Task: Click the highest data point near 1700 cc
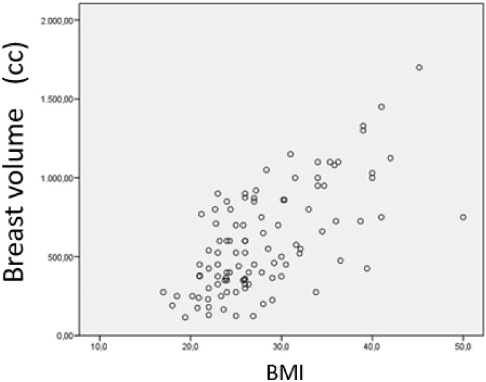click(x=420, y=67)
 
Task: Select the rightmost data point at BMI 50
click(x=463, y=217)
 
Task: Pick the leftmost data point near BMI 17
click(x=163, y=292)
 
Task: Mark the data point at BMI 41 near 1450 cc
click(x=381, y=107)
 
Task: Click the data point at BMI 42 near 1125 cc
click(x=390, y=158)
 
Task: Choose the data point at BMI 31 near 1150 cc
click(x=290, y=154)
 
